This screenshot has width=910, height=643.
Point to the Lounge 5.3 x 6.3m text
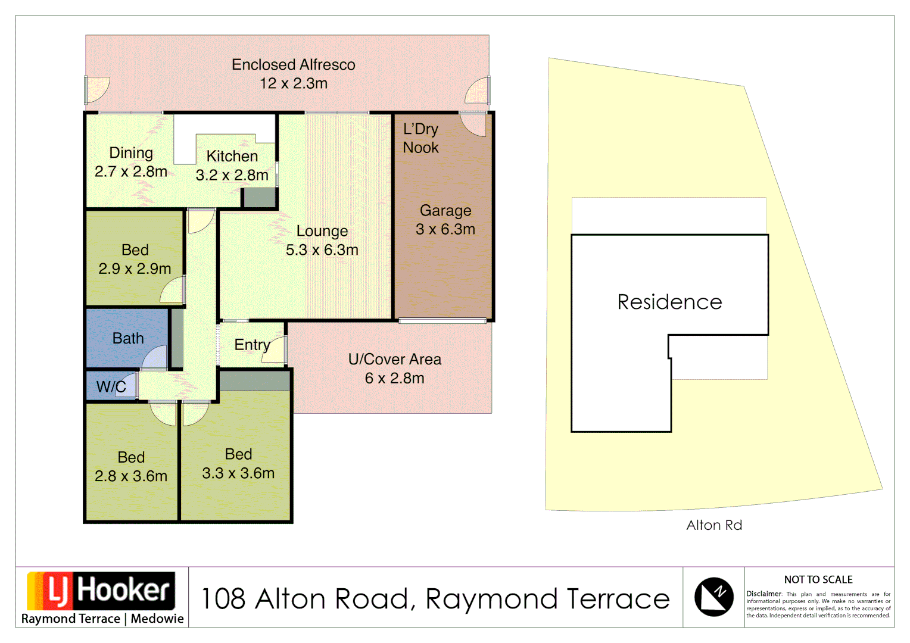click(322, 241)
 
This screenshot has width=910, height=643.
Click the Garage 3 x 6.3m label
click(445, 220)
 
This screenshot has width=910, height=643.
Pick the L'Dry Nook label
click(420, 138)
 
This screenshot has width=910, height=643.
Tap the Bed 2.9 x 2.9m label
click(135, 260)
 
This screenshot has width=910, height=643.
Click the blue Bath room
click(128, 338)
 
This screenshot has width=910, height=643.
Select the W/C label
click(111, 386)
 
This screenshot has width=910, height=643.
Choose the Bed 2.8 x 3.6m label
click(131, 467)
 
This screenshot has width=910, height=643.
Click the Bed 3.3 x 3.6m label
click(238, 464)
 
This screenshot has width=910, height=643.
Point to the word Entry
click(252, 345)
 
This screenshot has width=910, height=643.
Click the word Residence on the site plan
click(669, 302)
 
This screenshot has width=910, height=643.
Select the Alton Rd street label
click(714, 525)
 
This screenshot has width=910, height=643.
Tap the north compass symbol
click(713, 597)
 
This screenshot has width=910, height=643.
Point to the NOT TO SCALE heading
click(818, 579)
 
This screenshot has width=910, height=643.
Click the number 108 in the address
click(223, 599)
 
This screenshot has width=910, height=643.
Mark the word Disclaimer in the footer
click(763, 594)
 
